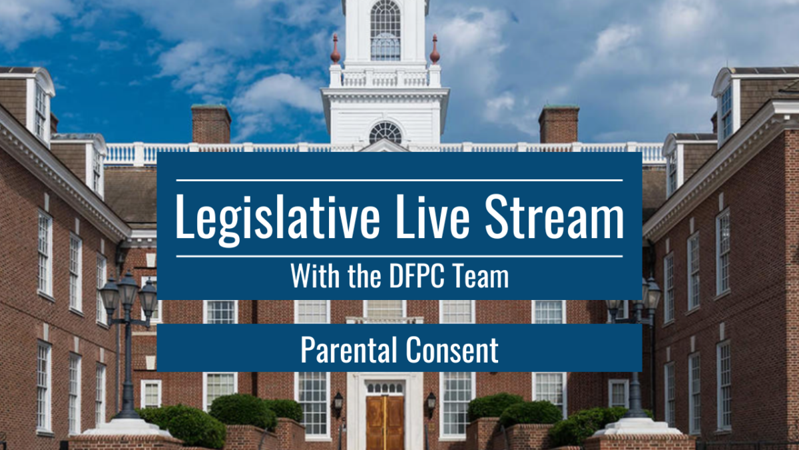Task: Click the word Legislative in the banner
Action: click(278, 219)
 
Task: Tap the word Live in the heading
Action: click(433, 217)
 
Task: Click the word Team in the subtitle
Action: click(481, 275)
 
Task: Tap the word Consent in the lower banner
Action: click(452, 349)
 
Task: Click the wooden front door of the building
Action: click(385, 423)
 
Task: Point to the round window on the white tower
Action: click(386, 133)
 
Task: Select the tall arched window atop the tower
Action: click(386, 30)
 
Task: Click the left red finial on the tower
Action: click(336, 49)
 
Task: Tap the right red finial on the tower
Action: click(434, 49)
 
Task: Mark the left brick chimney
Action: click(211, 124)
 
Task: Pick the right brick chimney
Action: click(559, 124)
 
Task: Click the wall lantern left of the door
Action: click(338, 404)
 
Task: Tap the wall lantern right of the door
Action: click(431, 404)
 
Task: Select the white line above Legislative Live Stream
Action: click(400, 181)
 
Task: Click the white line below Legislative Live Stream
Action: click(400, 256)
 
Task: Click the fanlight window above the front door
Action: click(385, 388)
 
